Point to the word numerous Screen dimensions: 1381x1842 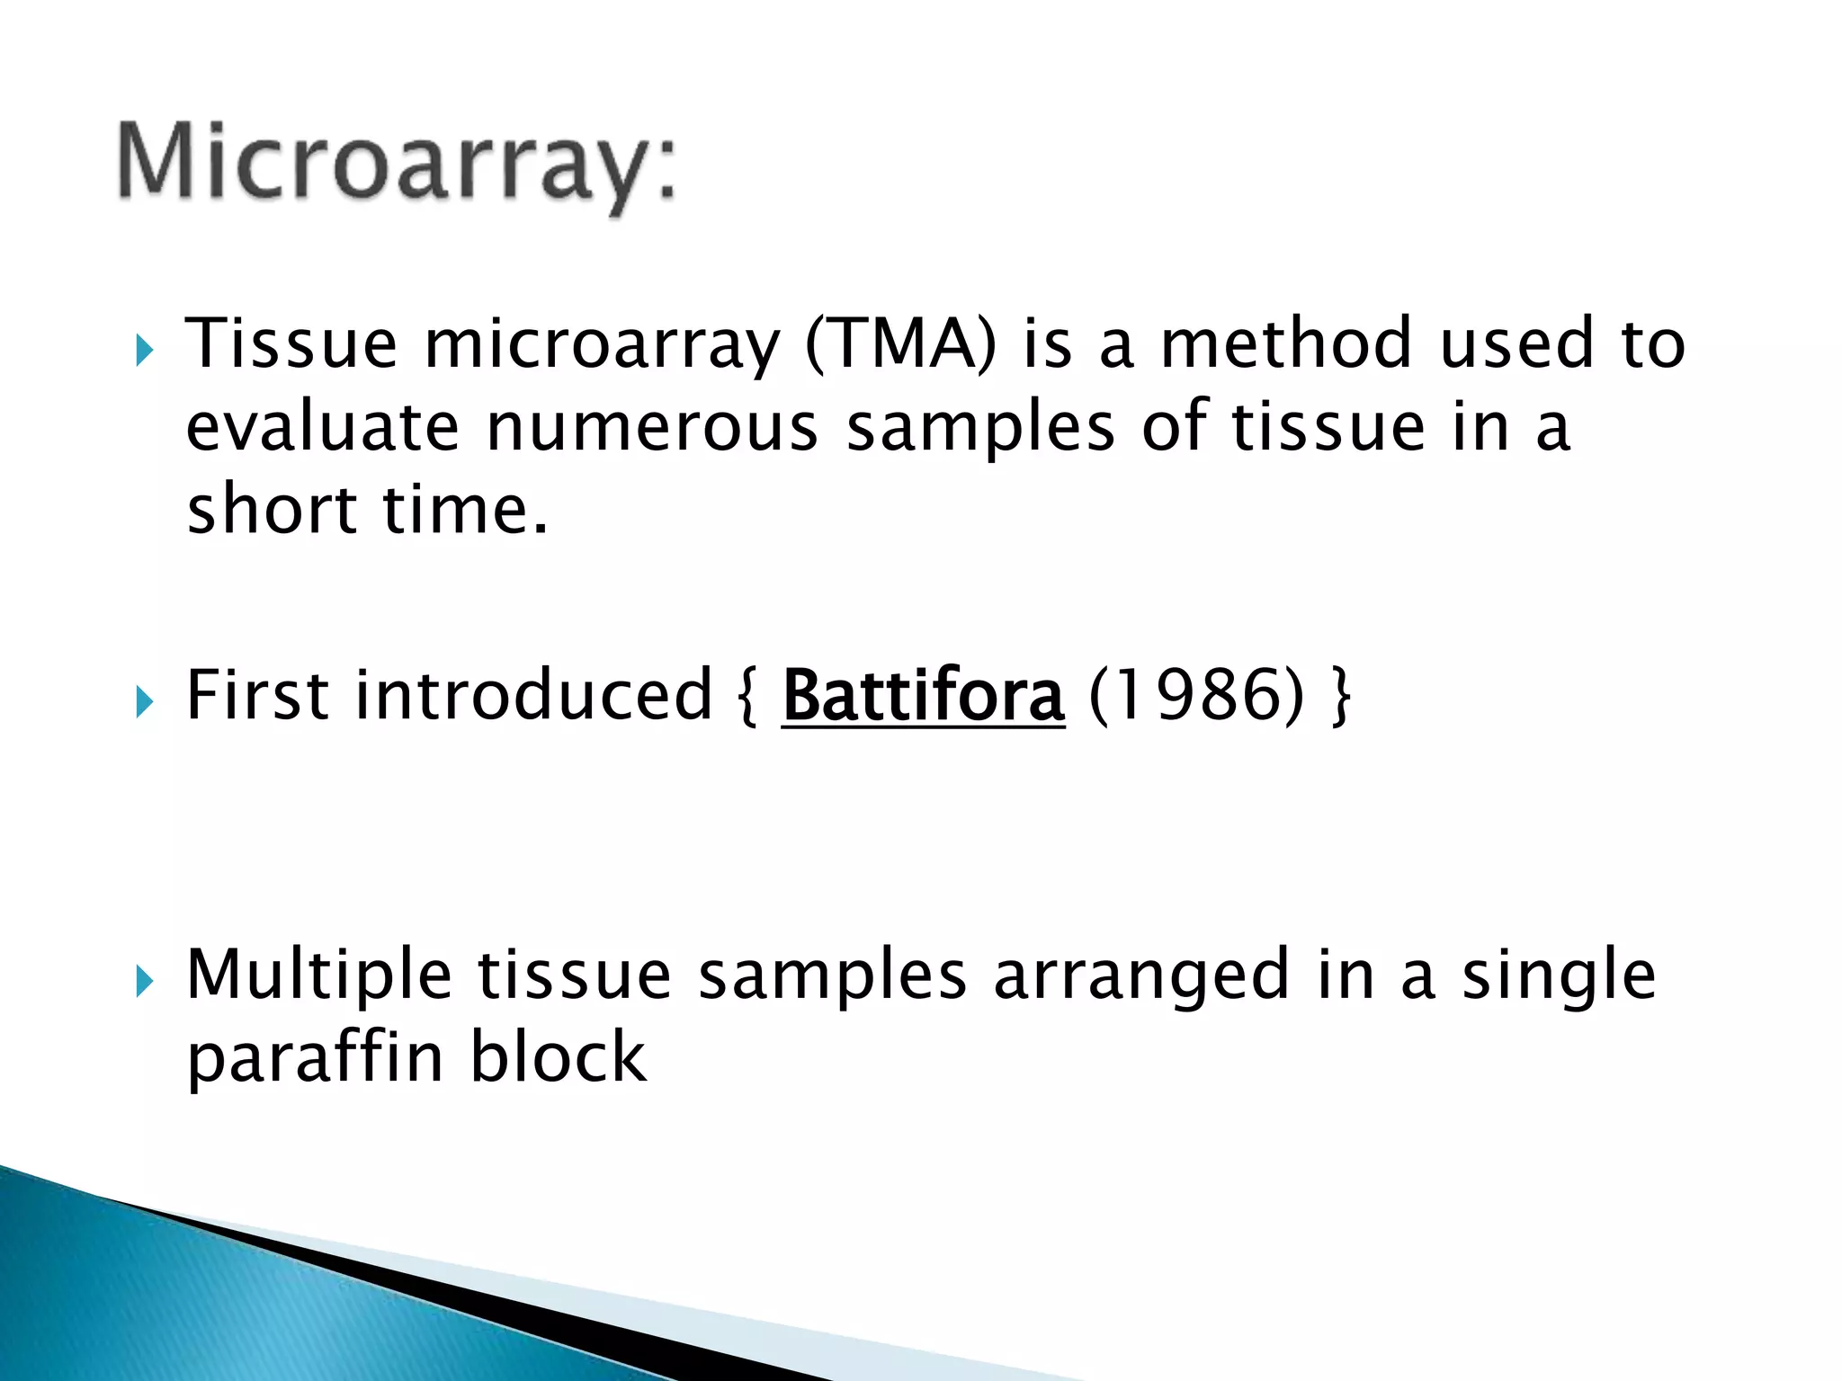tap(652, 428)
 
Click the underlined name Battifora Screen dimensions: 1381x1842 tap(923, 697)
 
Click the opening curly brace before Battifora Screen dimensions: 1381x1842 tap(747, 697)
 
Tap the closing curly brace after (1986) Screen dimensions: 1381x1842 tap(1339, 697)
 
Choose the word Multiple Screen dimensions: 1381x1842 tap(318, 976)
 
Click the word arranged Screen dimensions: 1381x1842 tap(1141, 976)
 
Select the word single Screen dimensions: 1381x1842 tap(1558, 976)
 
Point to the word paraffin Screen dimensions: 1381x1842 tap(315, 1058)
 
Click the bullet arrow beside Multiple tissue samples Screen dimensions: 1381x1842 tap(145, 981)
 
